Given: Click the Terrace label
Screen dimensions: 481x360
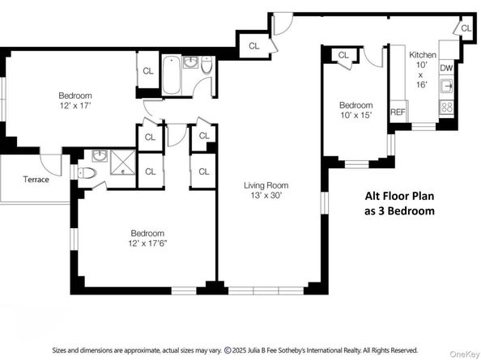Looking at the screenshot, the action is tap(36, 180).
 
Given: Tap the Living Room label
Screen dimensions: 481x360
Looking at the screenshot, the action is tap(266, 185).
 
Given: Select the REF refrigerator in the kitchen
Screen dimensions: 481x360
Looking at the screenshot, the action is tap(398, 112).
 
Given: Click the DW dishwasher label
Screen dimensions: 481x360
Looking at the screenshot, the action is tap(446, 68).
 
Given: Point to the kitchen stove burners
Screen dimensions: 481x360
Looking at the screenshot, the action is tap(447, 108).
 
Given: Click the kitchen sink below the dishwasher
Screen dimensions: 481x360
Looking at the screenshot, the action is tap(447, 86).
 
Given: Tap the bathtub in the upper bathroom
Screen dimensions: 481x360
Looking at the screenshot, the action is tap(172, 75).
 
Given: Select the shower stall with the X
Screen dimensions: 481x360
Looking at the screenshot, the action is tap(123, 163).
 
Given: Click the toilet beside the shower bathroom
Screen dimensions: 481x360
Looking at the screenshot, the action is tap(87, 173).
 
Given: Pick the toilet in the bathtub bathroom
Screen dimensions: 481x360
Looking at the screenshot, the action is tap(206, 65).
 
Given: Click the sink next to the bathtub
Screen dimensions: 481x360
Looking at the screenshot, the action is tap(191, 62).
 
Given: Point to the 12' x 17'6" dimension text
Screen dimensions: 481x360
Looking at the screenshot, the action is tap(147, 244).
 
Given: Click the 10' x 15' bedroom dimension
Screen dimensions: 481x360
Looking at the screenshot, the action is tap(356, 115).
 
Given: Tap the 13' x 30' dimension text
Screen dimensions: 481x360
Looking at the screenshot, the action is tap(266, 195).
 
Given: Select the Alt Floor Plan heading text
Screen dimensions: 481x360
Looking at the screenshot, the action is tap(399, 196).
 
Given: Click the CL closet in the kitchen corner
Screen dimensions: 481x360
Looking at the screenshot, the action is tap(466, 28).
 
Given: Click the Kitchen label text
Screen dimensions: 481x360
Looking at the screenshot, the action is tap(423, 55).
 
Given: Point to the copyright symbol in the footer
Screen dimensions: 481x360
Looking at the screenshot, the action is tap(228, 350).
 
